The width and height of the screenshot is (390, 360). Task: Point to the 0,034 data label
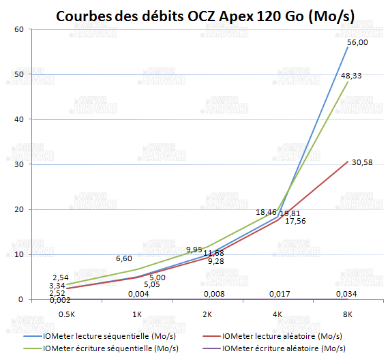tap(348, 295)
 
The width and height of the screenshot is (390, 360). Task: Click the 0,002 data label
tap(60, 299)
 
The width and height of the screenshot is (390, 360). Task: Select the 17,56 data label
tap(295, 221)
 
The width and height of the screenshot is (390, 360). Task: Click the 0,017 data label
tap(278, 295)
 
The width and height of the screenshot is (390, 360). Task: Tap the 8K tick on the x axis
tap(348, 315)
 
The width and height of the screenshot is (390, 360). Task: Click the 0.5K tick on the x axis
tap(67, 315)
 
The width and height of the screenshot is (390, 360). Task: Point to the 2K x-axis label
tap(207, 315)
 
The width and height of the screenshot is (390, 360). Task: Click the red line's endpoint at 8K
tap(348, 162)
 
